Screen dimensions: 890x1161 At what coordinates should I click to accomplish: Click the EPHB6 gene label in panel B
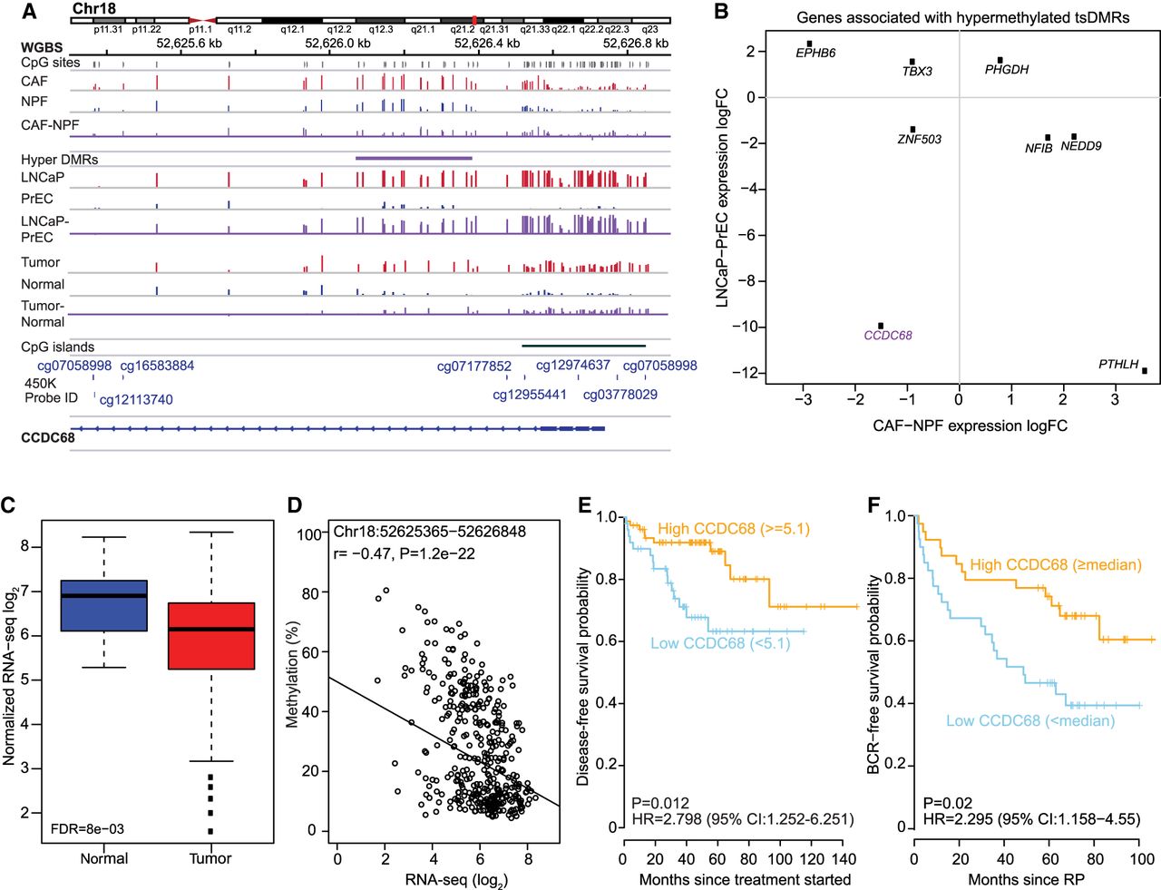pos(815,54)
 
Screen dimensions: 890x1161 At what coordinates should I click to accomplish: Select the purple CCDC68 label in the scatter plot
pos(887,336)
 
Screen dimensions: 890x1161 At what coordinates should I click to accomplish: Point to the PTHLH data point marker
pos(1145,370)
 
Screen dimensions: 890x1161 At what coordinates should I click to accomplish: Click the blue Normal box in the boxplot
pos(103,605)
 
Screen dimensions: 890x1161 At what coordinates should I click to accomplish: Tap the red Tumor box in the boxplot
pos(210,635)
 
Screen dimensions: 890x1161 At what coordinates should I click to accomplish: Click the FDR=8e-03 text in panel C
pos(88,828)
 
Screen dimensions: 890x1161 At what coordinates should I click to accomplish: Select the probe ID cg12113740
pos(136,399)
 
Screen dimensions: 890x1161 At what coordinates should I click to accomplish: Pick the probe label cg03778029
pos(620,395)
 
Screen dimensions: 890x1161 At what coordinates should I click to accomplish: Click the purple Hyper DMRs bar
pos(414,158)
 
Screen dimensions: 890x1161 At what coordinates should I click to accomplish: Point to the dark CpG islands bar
pos(583,346)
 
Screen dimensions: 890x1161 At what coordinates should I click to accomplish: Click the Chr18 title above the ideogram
pos(94,9)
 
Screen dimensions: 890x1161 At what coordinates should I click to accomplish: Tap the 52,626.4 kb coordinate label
pos(487,43)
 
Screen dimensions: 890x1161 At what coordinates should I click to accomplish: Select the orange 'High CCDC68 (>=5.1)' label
pos(733,529)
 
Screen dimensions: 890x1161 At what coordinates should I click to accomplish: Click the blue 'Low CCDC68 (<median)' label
pos(1029,721)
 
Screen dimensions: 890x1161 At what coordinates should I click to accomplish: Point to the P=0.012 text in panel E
pos(660,803)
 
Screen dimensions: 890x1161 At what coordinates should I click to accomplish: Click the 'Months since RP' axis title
pos(1026,879)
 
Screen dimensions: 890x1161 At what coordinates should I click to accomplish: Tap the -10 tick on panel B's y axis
pos(749,327)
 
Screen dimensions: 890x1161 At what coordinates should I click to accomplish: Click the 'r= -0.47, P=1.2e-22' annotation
pos(404,553)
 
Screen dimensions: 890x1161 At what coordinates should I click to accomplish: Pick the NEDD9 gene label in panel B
pos(1080,146)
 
